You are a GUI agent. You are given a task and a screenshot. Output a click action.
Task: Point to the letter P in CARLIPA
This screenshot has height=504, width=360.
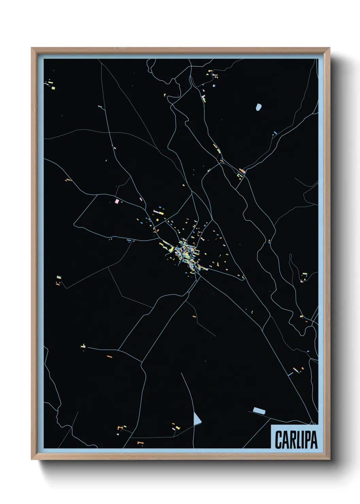[307, 440]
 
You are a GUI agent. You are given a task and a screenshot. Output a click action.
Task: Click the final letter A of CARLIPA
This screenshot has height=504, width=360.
[314, 440]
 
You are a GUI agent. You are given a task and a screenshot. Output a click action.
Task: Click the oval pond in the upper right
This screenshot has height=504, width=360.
[259, 107]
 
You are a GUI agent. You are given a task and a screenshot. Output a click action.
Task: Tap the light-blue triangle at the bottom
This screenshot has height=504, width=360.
[197, 420]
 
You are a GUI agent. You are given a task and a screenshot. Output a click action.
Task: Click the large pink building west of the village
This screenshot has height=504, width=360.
[117, 201]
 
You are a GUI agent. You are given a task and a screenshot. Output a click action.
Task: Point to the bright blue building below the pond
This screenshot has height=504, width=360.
[275, 132]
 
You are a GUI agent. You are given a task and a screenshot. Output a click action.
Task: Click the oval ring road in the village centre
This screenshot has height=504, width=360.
[186, 253]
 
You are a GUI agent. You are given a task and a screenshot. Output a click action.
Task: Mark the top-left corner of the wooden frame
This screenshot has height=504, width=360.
[32, 48]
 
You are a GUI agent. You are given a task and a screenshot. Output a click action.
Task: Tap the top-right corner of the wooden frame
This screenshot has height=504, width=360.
[329, 48]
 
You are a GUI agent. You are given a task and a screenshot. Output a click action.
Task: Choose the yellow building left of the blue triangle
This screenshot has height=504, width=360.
[178, 428]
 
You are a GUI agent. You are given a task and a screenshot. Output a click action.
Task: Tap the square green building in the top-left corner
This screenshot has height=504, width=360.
[53, 88]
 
